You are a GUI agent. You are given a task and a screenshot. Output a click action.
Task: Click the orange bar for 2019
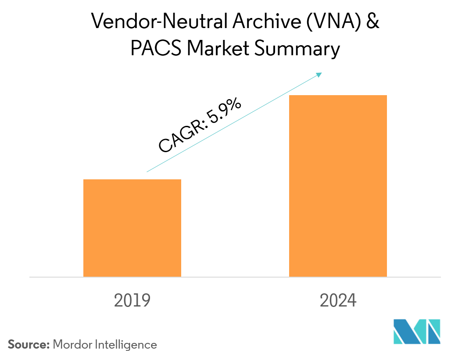pos(132,228)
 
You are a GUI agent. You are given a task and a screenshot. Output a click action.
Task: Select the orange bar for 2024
pos(338,186)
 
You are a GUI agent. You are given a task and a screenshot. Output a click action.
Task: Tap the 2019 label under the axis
pos(132,301)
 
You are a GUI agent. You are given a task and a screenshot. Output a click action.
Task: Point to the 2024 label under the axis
pos(338,301)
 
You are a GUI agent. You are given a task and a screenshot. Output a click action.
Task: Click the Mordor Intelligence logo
pos(417,332)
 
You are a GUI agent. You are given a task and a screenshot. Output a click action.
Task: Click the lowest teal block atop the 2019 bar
pos(152,174)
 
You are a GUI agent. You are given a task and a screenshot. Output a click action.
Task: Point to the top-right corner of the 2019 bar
pos(181,180)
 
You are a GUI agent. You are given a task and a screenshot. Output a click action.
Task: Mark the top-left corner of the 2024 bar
pos(289,96)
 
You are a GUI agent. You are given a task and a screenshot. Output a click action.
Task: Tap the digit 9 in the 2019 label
pos(146,301)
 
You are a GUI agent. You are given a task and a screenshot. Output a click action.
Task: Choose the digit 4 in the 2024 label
pos(351,301)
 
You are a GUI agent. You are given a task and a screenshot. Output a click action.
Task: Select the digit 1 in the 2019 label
pos(137,301)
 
